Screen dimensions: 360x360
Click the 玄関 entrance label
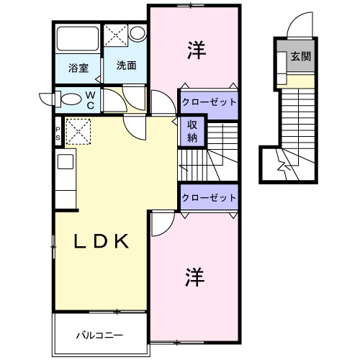(x=301, y=57)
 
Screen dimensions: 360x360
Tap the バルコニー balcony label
(x=100, y=335)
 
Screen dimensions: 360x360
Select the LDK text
(x=102, y=241)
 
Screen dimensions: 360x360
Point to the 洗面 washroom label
(x=126, y=65)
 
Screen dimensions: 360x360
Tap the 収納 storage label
(x=193, y=130)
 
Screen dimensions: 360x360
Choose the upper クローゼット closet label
(x=209, y=102)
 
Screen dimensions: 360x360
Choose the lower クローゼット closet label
(x=209, y=197)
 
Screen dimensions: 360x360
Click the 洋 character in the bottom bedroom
(x=194, y=276)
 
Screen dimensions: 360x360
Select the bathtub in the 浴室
(x=78, y=40)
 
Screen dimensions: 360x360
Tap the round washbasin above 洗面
(x=137, y=33)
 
